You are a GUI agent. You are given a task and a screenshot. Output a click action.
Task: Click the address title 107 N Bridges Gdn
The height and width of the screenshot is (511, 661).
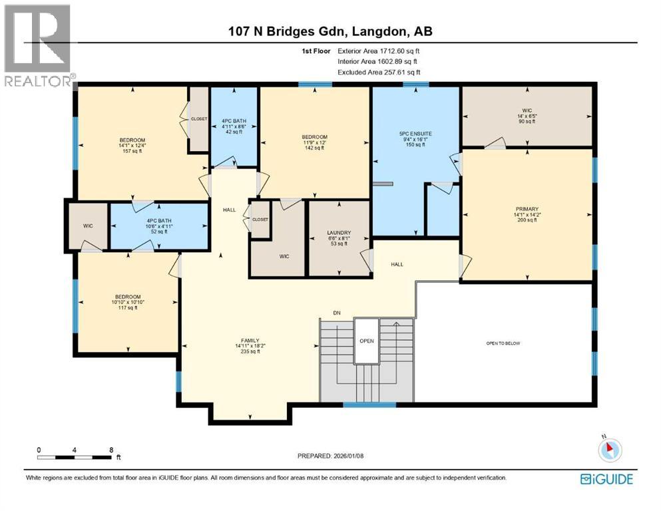pos(330,31)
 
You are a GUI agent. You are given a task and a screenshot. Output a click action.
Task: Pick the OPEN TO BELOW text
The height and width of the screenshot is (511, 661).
pos(503,343)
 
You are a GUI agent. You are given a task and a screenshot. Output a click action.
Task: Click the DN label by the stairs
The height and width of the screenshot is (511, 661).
pos(337,313)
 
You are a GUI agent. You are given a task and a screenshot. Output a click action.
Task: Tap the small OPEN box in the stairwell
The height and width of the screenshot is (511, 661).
pos(365,340)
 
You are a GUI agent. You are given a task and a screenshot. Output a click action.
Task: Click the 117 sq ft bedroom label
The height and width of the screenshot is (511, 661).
pos(126,301)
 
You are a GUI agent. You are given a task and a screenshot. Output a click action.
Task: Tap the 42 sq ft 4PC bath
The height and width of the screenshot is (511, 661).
pos(233,126)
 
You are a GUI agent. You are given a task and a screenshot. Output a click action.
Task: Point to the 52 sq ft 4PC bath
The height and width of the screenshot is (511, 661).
pos(158,225)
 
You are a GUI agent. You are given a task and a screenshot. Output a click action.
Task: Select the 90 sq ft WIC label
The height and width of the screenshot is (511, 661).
pos(526,116)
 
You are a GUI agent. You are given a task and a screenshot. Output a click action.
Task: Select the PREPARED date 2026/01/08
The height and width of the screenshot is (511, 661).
pos(330,456)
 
